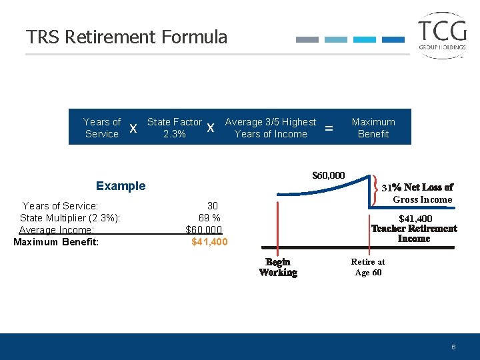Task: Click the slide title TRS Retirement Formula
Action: (x=127, y=37)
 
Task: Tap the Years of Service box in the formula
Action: (x=101, y=127)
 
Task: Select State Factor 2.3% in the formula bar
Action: (x=174, y=127)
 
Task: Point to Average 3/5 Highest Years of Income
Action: (x=271, y=127)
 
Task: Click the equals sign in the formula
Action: (x=329, y=127)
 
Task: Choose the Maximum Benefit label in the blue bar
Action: (x=373, y=127)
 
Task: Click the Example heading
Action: (x=121, y=186)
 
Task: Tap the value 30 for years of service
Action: (x=213, y=205)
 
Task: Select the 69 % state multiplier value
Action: (x=209, y=217)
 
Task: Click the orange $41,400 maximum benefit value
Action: (x=209, y=242)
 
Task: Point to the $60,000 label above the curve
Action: (x=329, y=175)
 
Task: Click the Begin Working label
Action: (x=278, y=267)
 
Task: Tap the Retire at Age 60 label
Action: (x=368, y=267)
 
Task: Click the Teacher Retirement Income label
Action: (x=414, y=233)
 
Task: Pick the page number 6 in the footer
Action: (x=453, y=347)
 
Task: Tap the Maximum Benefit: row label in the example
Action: (x=56, y=242)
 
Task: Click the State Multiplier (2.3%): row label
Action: (x=70, y=217)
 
